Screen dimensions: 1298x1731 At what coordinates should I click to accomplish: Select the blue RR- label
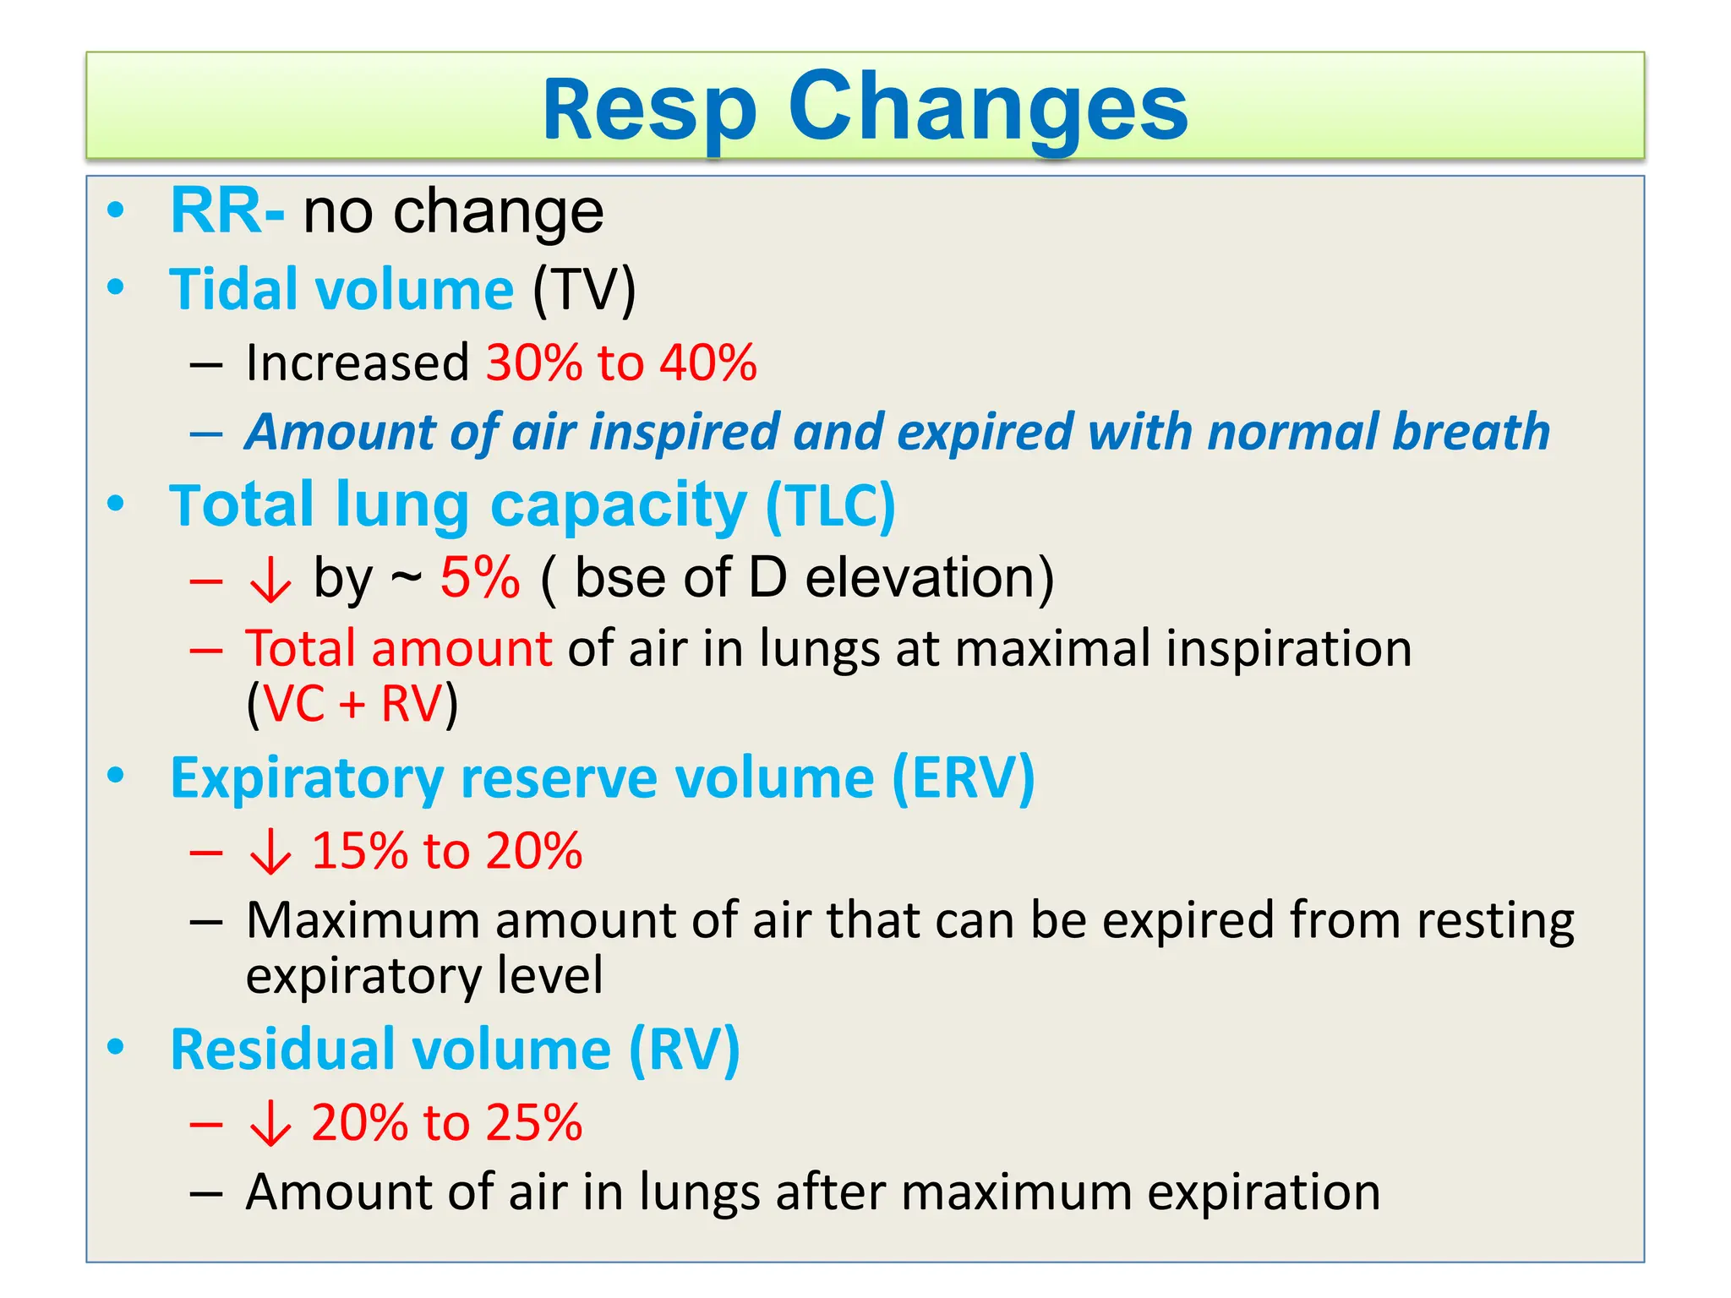(x=227, y=211)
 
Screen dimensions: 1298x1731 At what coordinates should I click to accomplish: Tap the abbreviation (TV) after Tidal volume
(x=584, y=290)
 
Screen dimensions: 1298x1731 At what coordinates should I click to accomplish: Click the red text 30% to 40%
(x=621, y=363)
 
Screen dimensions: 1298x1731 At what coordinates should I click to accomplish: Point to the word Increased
(x=357, y=363)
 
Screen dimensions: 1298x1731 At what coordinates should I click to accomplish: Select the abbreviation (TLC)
(x=830, y=505)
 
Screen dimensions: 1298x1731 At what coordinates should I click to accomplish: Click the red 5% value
(x=479, y=578)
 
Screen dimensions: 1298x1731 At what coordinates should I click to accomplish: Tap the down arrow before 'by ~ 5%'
(x=270, y=581)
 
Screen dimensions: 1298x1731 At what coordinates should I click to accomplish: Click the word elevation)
(x=929, y=578)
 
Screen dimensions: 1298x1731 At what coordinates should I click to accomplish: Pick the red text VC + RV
(x=353, y=703)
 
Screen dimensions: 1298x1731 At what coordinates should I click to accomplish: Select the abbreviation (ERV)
(x=964, y=777)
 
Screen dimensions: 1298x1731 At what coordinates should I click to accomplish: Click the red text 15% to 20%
(x=446, y=850)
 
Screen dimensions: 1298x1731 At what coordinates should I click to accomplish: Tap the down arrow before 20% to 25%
(x=270, y=1125)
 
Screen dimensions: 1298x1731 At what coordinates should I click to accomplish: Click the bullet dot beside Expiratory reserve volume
(x=116, y=775)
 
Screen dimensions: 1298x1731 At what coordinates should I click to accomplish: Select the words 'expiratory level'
(x=424, y=975)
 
